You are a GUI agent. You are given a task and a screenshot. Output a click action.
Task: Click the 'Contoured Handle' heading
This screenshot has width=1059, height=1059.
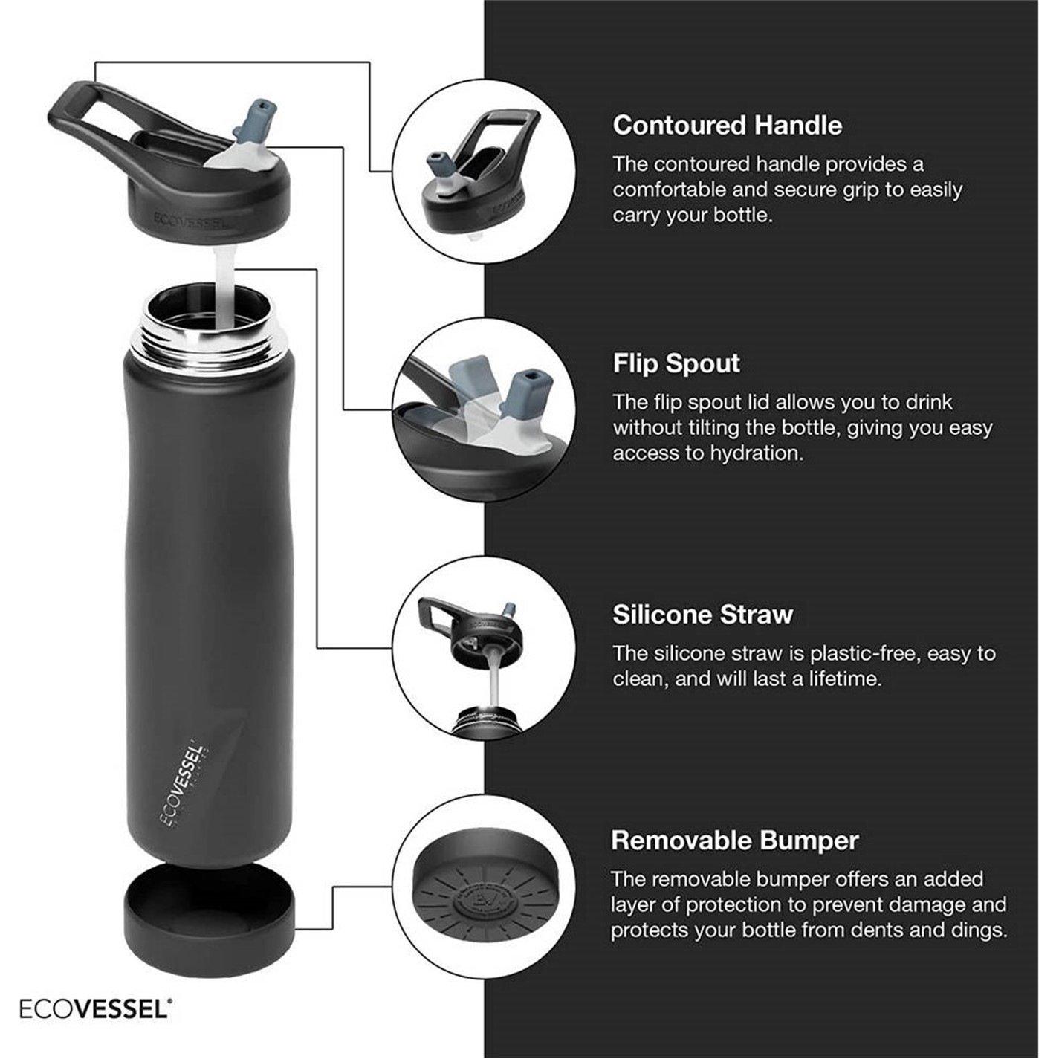(727, 126)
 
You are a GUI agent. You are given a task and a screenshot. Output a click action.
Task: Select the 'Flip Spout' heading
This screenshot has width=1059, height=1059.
(676, 363)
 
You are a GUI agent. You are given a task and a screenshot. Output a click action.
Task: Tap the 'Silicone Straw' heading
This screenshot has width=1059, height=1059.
(702, 615)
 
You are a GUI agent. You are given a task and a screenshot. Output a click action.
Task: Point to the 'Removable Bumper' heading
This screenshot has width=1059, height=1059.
(735, 841)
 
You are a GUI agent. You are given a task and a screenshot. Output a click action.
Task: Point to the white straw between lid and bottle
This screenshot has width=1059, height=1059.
(226, 286)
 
